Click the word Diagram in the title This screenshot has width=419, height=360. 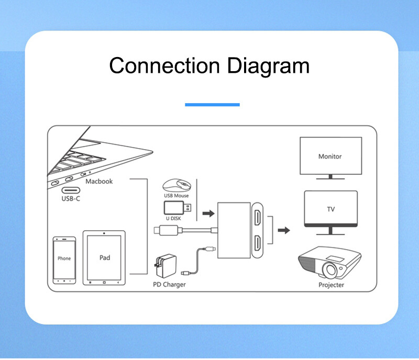tap(268, 66)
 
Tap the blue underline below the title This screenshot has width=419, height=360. tap(212, 105)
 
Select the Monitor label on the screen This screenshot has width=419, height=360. tap(330, 156)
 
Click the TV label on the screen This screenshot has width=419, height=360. tap(331, 209)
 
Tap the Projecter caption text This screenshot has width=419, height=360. tap(332, 285)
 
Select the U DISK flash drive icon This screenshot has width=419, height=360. tap(178, 208)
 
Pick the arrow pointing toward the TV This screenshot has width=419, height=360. tap(284, 230)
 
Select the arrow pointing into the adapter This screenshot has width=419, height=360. tap(208, 213)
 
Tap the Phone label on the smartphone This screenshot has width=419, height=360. tap(64, 258)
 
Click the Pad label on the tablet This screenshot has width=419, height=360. tap(105, 258)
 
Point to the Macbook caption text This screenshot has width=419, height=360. tap(100, 182)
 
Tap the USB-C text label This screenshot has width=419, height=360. tap(71, 199)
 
